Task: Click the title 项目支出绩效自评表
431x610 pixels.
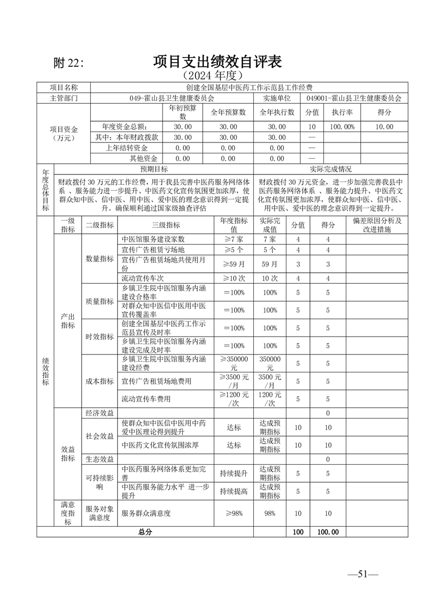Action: point(217,61)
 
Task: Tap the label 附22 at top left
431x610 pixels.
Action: point(69,63)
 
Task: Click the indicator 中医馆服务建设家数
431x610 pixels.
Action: point(153,239)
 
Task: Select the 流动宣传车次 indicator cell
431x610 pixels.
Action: point(142,278)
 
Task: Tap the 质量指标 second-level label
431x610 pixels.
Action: point(100,301)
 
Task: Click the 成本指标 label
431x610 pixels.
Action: point(100,381)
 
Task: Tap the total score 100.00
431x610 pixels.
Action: point(328,532)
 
